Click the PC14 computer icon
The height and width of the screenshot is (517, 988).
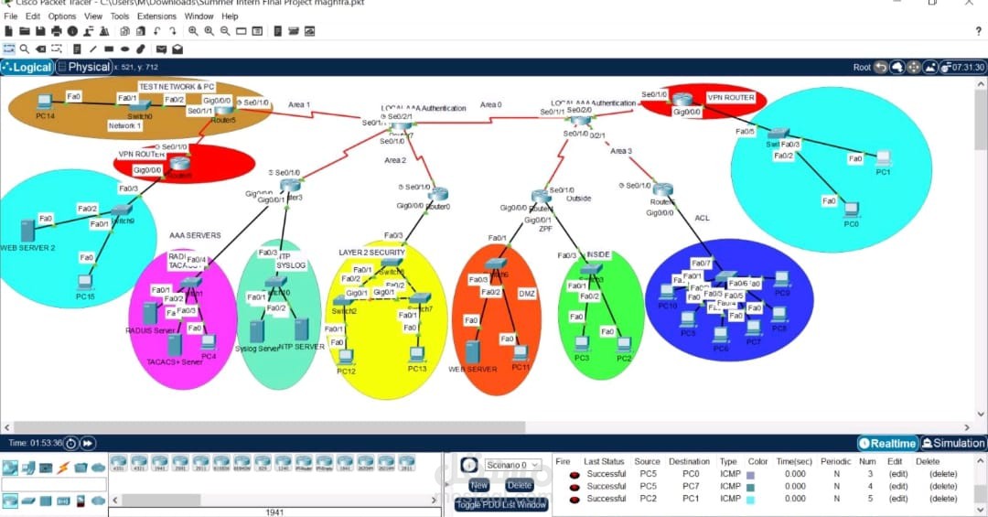[x=44, y=102]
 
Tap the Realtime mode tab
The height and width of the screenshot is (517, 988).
[x=887, y=443]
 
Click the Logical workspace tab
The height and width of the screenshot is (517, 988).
[x=27, y=67]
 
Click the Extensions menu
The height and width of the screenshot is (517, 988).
[x=156, y=16]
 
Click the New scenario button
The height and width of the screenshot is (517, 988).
[x=479, y=485]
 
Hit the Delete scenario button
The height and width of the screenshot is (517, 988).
[x=519, y=485]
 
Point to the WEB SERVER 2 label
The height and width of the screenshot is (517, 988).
[x=27, y=248]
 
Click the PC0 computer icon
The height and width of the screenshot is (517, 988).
[x=851, y=210]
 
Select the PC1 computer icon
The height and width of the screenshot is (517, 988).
[x=883, y=158]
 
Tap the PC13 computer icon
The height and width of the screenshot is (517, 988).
[x=417, y=353]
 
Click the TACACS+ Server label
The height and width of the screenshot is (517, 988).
[x=174, y=361]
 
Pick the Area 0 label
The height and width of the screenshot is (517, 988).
[x=490, y=104]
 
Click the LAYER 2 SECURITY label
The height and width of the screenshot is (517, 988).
[x=371, y=252]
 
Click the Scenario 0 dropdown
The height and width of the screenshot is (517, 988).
[x=512, y=465]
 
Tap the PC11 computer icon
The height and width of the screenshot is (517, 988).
[x=521, y=352]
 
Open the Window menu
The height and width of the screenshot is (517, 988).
[x=199, y=16]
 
